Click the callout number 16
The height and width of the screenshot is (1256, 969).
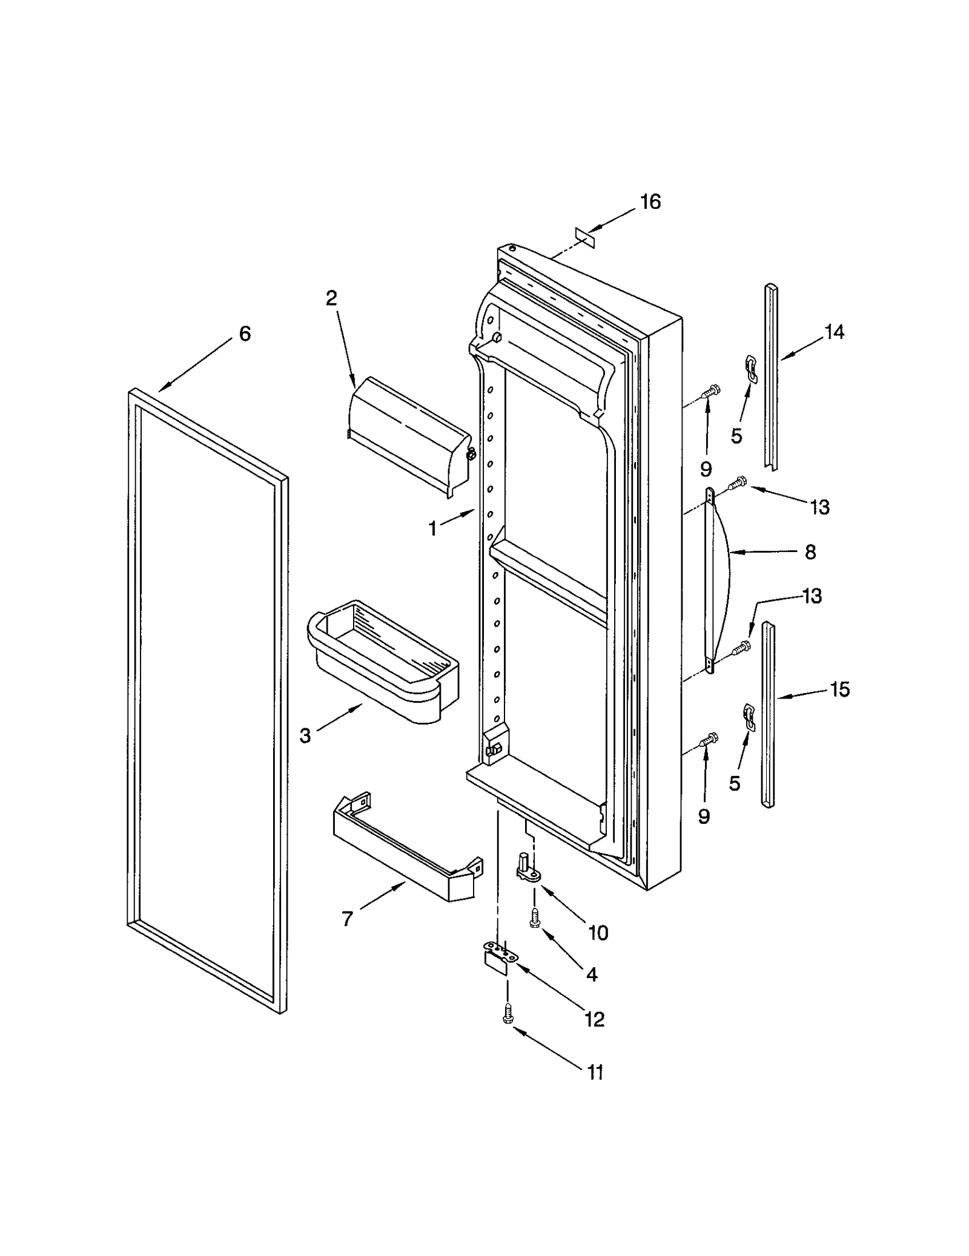[650, 202]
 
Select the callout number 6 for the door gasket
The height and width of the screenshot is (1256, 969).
[245, 334]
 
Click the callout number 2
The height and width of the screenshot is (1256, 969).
[331, 298]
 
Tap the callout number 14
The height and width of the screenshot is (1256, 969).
[834, 332]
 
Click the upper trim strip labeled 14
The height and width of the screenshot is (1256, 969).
[771, 375]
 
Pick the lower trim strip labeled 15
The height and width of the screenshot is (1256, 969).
[768, 714]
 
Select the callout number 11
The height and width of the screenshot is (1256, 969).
[595, 1073]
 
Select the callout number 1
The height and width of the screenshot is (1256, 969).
[432, 529]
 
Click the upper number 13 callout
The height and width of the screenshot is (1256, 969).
[819, 507]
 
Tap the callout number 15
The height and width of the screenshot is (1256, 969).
[839, 689]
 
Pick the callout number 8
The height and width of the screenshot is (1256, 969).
[810, 552]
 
